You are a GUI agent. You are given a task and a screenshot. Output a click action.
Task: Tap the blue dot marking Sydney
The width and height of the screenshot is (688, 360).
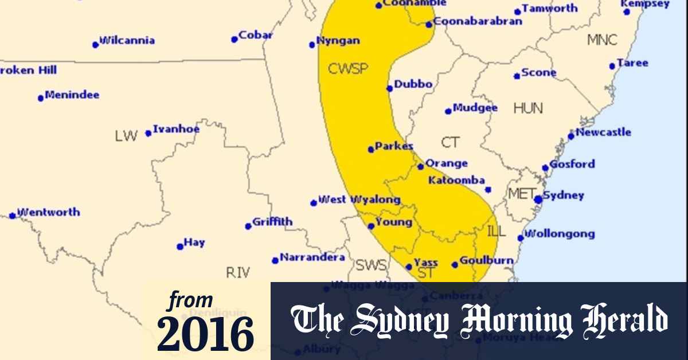pyautogui.click(x=538, y=199)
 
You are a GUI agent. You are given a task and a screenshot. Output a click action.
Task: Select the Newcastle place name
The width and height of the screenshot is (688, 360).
pyautogui.click(x=603, y=132)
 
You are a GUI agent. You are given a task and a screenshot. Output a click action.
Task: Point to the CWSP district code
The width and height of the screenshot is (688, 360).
pyautogui.click(x=347, y=69)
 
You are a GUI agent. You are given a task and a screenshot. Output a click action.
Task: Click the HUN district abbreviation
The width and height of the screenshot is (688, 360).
pyautogui.click(x=528, y=108)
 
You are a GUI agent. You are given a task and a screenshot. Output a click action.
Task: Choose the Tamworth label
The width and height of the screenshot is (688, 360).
pyautogui.click(x=549, y=9)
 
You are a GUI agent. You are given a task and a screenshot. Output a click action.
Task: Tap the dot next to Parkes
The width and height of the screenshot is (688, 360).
pyautogui.click(x=371, y=150)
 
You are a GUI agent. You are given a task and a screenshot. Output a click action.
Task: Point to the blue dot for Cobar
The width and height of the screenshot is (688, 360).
pyautogui.click(x=234, y=40)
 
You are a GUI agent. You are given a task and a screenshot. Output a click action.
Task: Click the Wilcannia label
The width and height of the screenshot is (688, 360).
pyautogui.click(x=127, y=41)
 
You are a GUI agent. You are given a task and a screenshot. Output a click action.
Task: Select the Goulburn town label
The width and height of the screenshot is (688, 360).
pyautogui.click(x=486, y=260)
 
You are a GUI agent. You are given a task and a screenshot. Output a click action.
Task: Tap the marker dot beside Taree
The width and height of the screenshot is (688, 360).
pyautogui.click(x=612, y=66)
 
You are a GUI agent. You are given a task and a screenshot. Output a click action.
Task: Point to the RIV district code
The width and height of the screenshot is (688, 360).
pyautogui.click(x=238, y=273)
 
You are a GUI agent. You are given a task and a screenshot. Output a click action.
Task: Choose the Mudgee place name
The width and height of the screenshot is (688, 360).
pyautogui.click(x=475, y=108)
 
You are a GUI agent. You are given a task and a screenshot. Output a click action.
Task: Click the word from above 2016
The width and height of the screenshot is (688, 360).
pyautogui.click(x=191, y=300)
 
